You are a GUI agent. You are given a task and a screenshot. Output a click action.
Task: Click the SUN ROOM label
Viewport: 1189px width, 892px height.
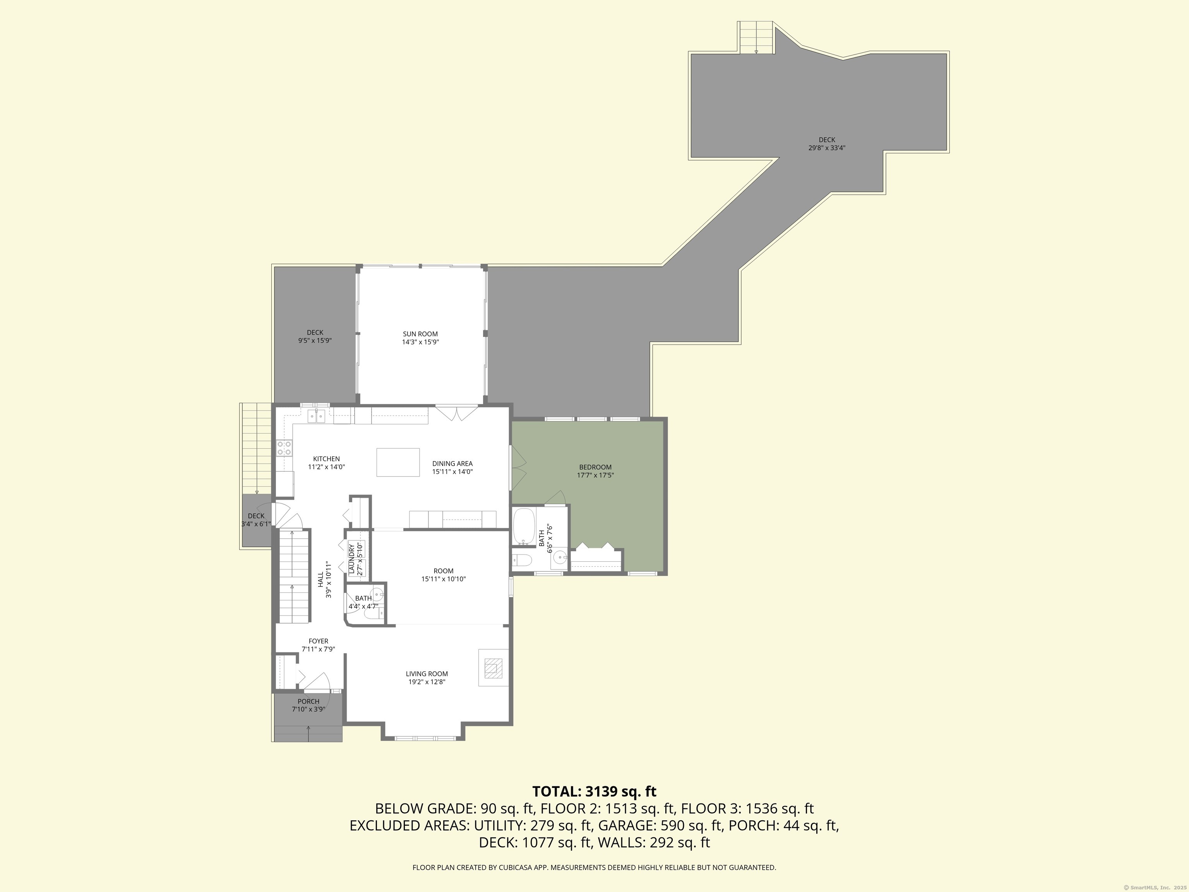pos(420,334)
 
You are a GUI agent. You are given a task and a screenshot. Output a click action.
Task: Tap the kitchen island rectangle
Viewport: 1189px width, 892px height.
pos(398,462)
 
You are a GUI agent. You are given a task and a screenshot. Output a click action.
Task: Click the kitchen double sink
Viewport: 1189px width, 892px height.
pos(316,416)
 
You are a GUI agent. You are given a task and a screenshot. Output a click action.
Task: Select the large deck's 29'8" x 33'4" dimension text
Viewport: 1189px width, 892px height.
pos(827,148)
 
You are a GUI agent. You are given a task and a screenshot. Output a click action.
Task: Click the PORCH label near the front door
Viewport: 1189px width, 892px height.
pos(308,701)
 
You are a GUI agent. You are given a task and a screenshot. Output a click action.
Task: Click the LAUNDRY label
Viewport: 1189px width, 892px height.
pos(351,559)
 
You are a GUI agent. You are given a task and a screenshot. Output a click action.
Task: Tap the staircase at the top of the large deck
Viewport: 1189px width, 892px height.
pos(756,38)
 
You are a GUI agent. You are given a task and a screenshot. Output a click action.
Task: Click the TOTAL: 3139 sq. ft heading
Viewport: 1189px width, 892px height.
pos(594,791)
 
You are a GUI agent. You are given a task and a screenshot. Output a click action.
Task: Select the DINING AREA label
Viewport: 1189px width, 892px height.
pos(452,463)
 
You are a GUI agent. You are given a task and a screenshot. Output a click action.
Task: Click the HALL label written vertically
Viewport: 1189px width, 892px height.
pos(320,579)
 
